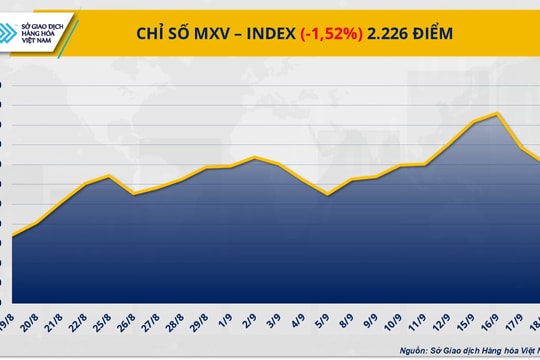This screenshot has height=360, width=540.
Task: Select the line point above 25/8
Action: (110, 176)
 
